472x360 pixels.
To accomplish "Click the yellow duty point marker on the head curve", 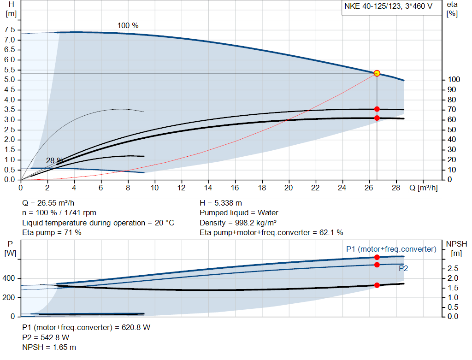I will point(377,73).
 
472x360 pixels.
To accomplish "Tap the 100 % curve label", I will point(128,26).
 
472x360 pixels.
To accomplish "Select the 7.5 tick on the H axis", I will point(10,30).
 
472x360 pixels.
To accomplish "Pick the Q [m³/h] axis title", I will point(423,188).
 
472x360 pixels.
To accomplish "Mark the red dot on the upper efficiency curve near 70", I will point(377,109).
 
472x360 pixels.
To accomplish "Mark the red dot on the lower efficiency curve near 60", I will point(377,118).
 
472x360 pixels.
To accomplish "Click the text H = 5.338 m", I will point(221,203).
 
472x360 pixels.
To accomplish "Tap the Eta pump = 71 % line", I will point(52,232).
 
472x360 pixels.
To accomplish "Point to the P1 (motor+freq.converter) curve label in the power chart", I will point(391,249).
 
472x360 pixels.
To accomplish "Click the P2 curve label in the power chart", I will point(403,268).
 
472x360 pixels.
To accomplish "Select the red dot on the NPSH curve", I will point(377,285).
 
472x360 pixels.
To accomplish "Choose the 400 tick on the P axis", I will point(10,278).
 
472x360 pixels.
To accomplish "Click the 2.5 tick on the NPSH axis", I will point(453,268).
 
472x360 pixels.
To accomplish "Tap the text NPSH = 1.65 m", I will point(49,347).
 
